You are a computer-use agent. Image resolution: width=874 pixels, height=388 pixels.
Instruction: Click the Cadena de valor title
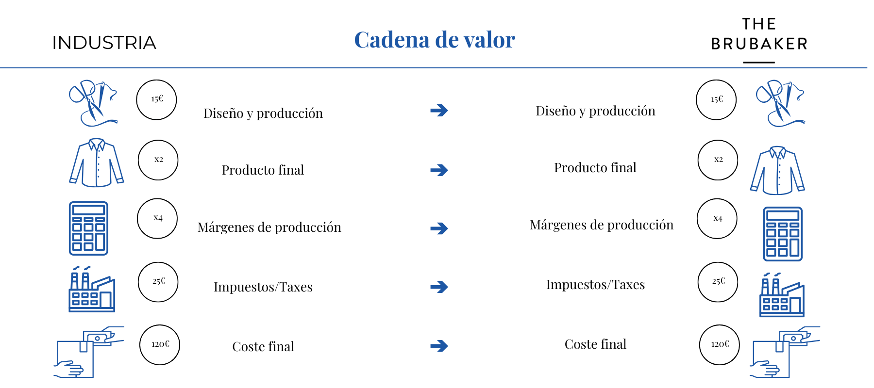click(435, 40)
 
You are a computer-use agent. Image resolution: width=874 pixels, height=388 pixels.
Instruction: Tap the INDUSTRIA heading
click(104, 43)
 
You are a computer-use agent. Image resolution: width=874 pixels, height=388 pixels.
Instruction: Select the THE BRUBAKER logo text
click(759, 34)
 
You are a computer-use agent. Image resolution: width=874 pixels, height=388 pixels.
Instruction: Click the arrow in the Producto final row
click(439, 170)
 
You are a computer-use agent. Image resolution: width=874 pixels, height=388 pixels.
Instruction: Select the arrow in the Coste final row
click(439, 346)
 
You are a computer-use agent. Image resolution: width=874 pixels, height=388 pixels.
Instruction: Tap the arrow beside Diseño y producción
click(439, 111)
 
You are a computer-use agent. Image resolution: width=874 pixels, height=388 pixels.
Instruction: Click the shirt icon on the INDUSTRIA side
click(97, 162)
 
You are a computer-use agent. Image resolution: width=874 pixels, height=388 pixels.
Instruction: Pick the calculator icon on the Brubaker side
click(783, 234)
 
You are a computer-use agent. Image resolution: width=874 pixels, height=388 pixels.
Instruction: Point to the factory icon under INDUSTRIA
click(92, 289)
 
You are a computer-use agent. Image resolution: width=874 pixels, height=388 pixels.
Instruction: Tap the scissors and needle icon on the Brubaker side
click(780, 103)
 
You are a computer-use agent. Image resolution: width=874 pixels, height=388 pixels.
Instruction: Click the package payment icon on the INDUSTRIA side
click(89, 352)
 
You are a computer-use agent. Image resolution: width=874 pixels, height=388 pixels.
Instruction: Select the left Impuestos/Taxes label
click(263, 287)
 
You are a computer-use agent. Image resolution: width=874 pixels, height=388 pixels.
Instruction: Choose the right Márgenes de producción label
click(602, 225)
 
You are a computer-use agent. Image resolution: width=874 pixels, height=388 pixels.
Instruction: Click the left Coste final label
click(263, 346)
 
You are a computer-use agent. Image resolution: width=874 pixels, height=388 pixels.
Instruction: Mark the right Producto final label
click(595, 168)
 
